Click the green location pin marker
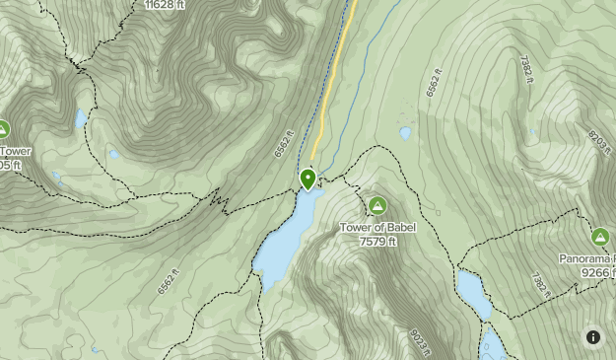point(308,179)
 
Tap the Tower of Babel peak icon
point(376,205)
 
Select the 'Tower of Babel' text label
point(377,228)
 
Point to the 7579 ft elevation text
point(377,241)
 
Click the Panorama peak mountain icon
point(600,237)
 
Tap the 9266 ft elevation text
point(597,271)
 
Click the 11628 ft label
point(164,5)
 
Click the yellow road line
point(333,79)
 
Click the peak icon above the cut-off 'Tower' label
point(3,129)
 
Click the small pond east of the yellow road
point(405,132)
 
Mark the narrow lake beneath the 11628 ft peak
point(80,119)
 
